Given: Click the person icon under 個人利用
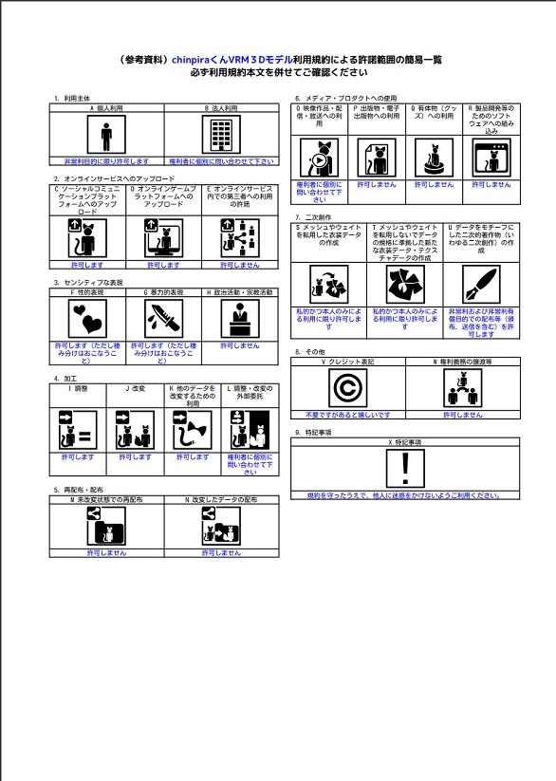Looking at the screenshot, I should (106, 136).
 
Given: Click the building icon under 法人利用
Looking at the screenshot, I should (221, 136).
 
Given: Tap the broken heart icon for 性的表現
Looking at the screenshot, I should (88, 318).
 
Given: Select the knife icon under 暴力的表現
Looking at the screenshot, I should (164, 318).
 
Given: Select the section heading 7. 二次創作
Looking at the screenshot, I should (318, 218).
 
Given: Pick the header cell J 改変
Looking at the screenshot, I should (134, 388).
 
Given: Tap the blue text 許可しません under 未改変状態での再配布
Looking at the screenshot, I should (106, 552).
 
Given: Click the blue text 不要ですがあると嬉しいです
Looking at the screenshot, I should (347, 415).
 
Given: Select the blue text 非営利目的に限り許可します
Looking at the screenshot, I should (106, 161).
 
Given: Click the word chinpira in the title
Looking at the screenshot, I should (194, 59).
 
